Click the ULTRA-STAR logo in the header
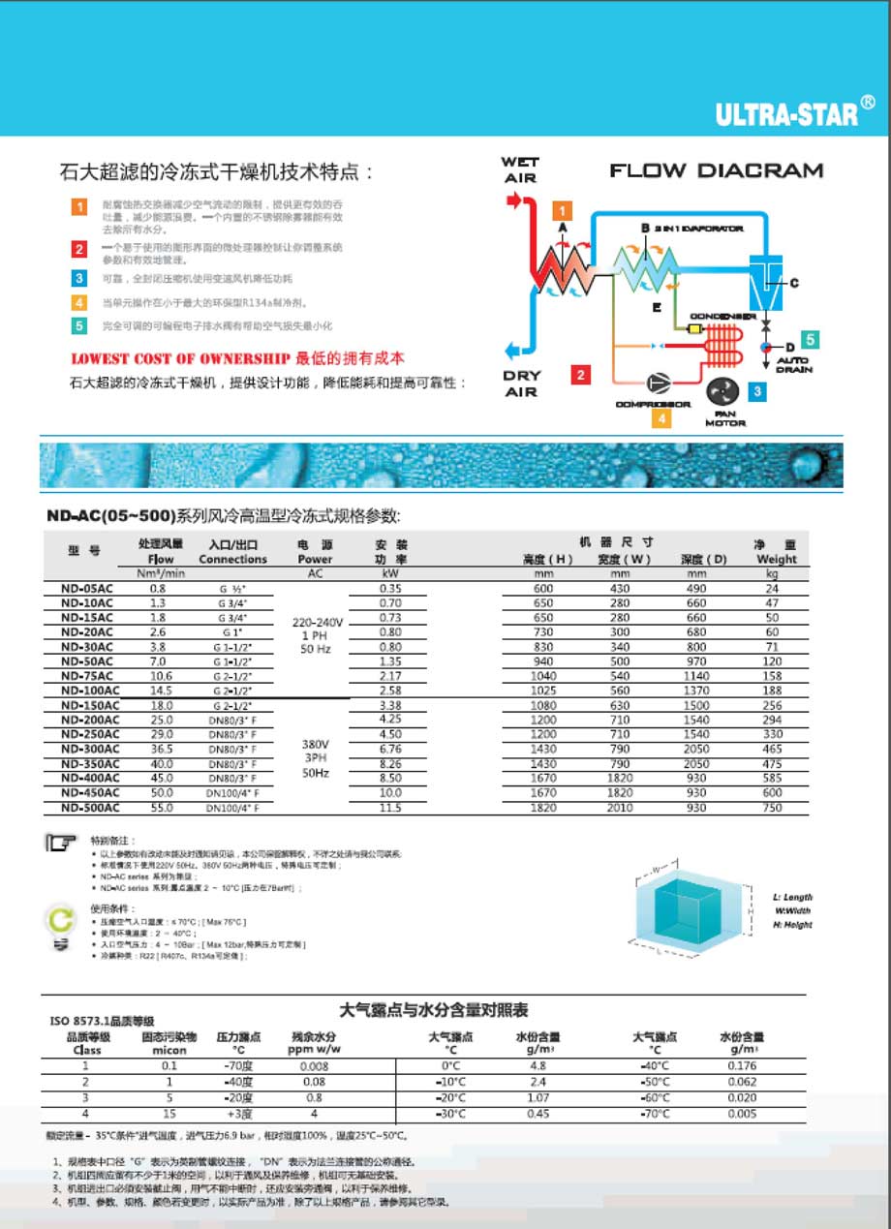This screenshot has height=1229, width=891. tap(787, 115)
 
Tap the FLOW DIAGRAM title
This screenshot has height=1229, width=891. tap(716, 171)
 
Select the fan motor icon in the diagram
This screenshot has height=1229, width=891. tap(723, 393)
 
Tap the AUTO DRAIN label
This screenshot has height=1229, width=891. tap(794, 365)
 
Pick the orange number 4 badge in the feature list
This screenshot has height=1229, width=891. tap(80, 302)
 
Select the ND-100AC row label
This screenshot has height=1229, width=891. tap(90, 690)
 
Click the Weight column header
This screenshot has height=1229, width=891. tap(777, 559)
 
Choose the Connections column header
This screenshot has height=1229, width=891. tap(232, 559)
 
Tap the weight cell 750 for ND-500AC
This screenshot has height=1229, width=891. tap(771, 807)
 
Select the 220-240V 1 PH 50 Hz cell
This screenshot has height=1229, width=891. tap(315, 635)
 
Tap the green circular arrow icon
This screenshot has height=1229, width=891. tap(61, 918)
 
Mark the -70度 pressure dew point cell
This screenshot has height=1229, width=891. tap(238, 1065)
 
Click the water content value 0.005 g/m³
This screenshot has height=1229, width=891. tap(742, 1114)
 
